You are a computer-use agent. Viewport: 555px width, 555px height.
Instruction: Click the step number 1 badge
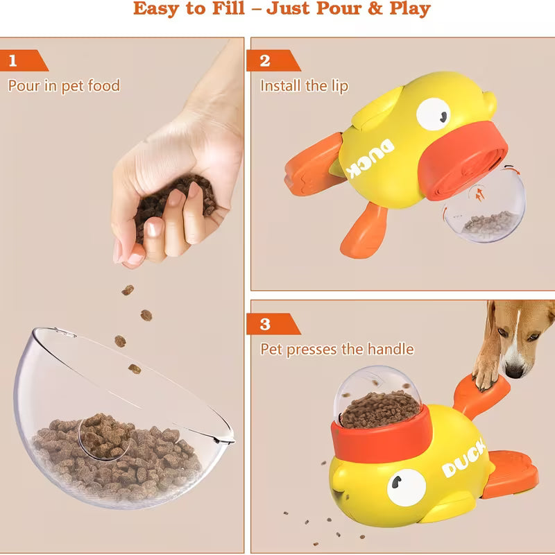click(14, 61)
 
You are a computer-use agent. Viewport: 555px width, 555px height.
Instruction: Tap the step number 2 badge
click(264, 61)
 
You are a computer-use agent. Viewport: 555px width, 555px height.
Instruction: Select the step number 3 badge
click(264, 324)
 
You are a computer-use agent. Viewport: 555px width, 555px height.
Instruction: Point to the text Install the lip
click(304, 86)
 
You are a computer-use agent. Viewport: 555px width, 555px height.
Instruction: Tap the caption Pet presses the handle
click(336, 349)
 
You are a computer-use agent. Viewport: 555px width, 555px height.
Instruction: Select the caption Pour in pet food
click(64, 86)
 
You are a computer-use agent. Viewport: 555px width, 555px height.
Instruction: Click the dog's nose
click(514, 368)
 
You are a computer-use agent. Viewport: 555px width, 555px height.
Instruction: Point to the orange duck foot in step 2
click(364, 229)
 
